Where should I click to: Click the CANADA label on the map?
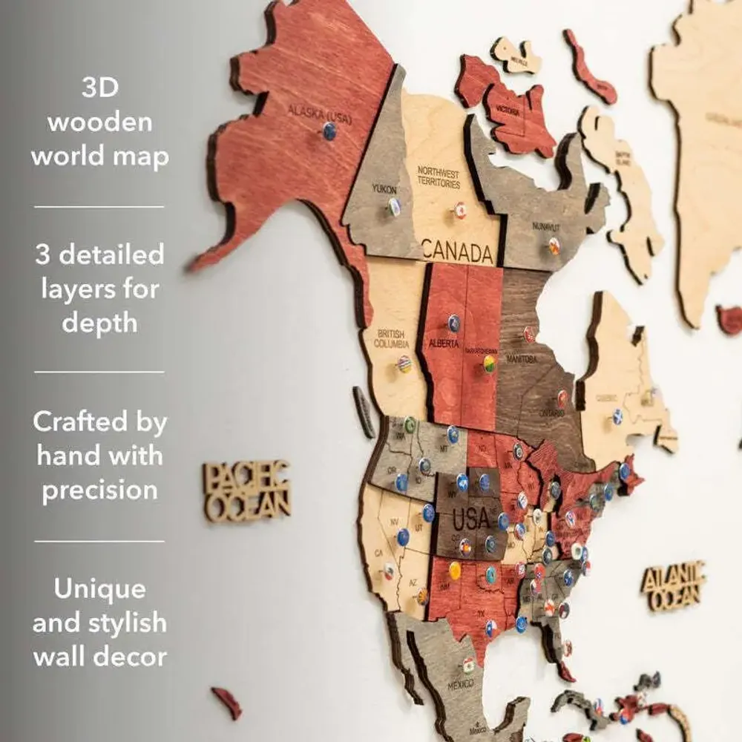coord(458,251)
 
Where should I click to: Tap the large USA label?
coord(470,517)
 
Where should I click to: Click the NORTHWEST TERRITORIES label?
coord(438,177)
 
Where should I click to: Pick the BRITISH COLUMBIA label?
coord(390,339)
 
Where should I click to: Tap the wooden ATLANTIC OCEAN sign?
coord(673,585)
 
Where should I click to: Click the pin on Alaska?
coord(329,131)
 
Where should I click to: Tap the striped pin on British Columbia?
coord(404,364)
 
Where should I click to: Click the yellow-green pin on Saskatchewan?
coord(490,363)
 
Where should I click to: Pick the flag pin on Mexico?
coord(468,664)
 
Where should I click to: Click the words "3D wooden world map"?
coord(99,122)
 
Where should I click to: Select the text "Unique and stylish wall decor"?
coord(99,623)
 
